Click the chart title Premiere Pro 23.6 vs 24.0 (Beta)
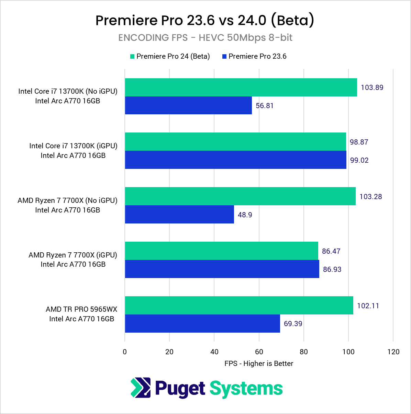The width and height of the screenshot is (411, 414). (x=205, y=21)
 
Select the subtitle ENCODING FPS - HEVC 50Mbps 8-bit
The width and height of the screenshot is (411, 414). (x=205, y=38)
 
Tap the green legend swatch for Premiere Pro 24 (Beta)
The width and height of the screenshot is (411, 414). (x=132, y=57)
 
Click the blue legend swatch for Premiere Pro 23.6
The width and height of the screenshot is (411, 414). (x=224, y=57)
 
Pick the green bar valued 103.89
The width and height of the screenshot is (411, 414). (x=241, y=87)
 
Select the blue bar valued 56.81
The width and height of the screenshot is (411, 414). (x=188, y=105)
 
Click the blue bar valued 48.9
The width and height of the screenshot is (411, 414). (x=179, y=215)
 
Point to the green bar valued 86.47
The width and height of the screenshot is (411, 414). (x=221, y=251)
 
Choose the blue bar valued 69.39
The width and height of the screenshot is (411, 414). (x=202, y=323)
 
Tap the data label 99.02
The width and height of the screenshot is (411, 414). (x=359, y=160)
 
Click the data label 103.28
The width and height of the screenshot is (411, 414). (x=370, y=197)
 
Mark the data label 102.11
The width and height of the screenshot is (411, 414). (x=368, y=306)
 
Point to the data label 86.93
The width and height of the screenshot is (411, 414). (x=332, y=269)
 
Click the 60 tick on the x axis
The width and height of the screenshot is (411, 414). (x=259, y=352)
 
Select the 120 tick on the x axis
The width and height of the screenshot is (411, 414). (x=393, y=352)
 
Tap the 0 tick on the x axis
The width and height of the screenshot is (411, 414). (x=125, y=352)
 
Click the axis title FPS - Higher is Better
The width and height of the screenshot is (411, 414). (x=259, y=364)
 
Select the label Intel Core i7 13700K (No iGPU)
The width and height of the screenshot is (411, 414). (x=68, y=91)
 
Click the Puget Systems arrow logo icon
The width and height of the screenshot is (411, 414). (x=141, y=388)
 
